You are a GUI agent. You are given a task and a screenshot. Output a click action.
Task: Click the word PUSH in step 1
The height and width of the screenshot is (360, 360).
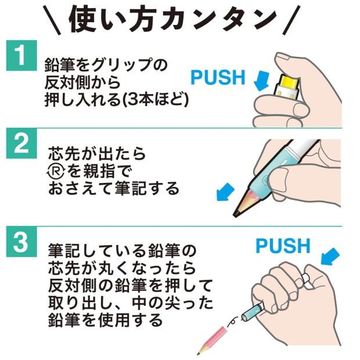[218, 77]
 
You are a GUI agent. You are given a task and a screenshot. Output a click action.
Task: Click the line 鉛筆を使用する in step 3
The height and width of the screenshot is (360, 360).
[104, 320]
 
